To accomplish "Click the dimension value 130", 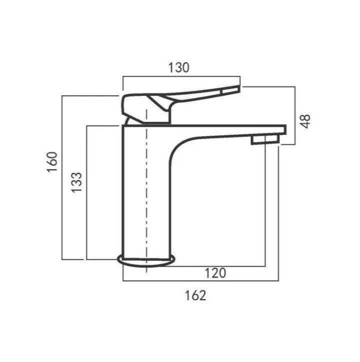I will [179, 67].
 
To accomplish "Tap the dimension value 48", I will [305, 121].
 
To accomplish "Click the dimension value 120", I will [215, 273].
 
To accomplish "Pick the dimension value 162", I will [195, 295].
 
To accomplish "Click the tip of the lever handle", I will [235, 90].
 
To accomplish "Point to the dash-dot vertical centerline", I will [146, 200].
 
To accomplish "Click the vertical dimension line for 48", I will [294, 115].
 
